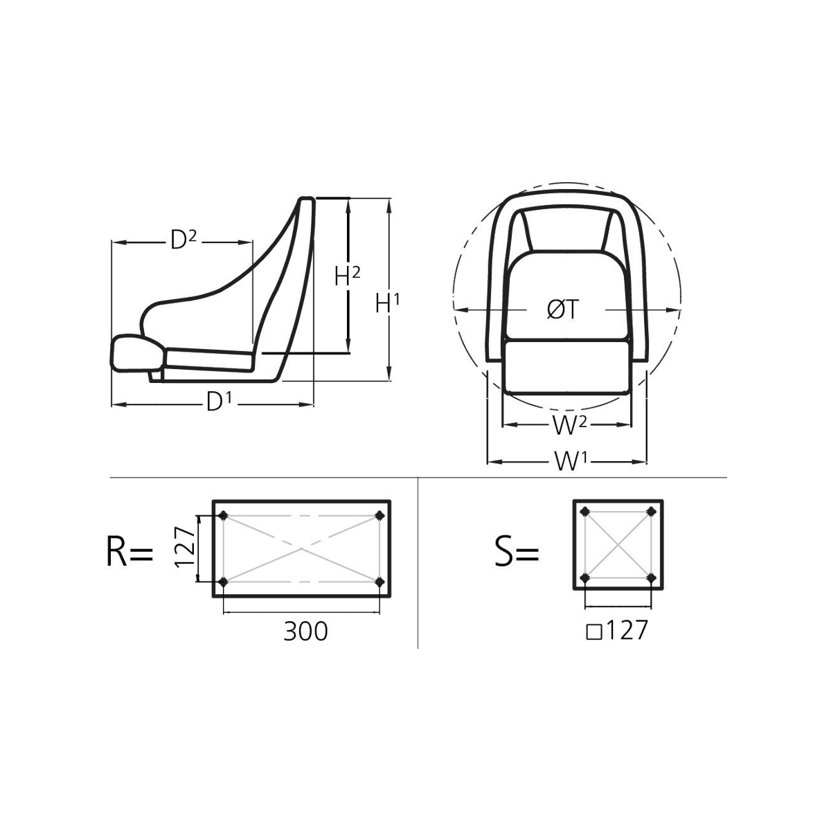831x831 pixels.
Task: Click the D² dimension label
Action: tap(184, 240)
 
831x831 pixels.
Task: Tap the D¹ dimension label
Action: tap(219, 402)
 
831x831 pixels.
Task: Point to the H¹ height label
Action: tap(387, 303)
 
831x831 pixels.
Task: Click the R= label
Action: tap(129, 553)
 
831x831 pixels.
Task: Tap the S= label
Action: tap(517, 553)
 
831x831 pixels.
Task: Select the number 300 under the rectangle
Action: tap(305, 632)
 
